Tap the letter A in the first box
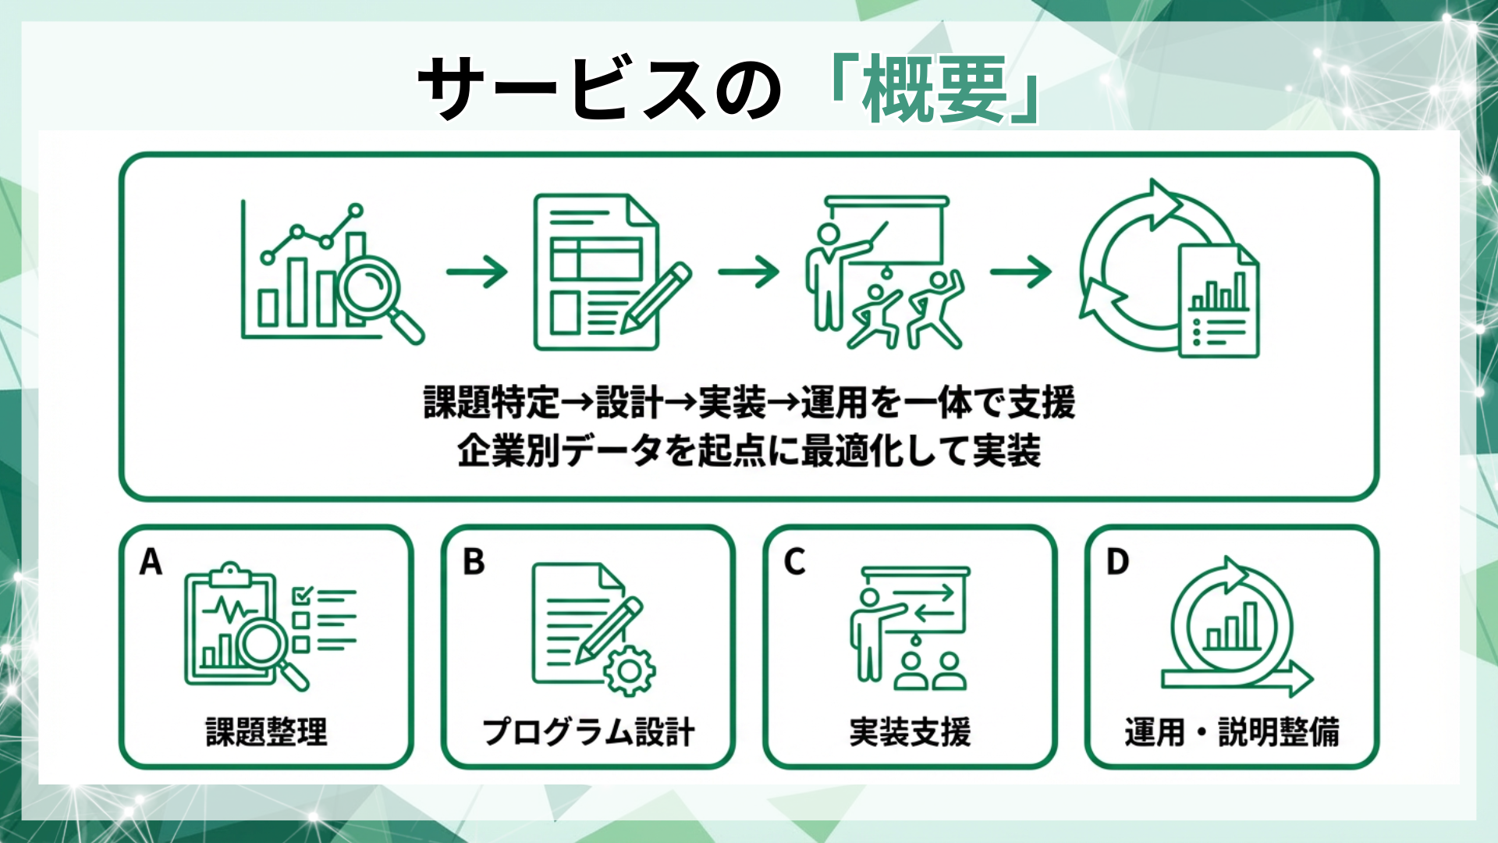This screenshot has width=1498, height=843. click(151, 561)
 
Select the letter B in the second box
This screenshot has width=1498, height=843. click(473, 561)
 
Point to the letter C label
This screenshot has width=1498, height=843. click(794, 561)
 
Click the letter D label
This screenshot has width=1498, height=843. click(1117, 561)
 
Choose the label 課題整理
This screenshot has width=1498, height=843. click(266, 732)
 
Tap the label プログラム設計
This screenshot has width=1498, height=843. click(588, 732)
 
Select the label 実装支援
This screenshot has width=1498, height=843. click(910, 732)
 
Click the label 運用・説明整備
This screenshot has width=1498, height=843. click(1231, 732)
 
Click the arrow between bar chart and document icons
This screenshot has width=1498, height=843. click(477, 272)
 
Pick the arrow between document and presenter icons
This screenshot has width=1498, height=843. click(748, 272)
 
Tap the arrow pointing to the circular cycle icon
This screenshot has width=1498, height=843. click(1021, 272)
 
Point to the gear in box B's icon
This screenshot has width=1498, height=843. click(629, 670)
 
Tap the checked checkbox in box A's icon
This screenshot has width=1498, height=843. click(301, 597)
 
